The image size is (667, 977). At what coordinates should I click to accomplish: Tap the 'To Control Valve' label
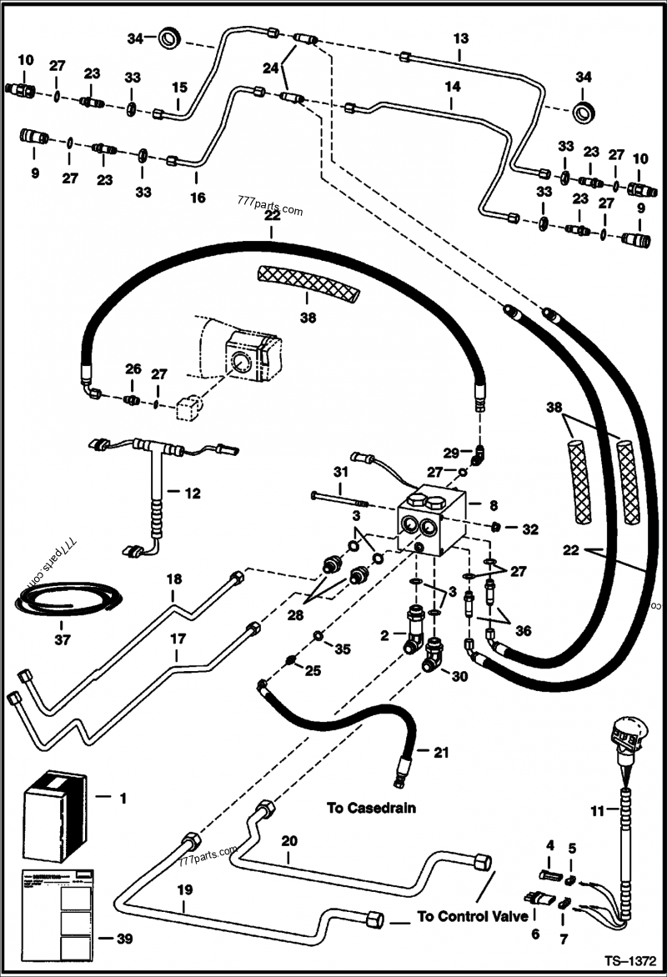pos(473,916)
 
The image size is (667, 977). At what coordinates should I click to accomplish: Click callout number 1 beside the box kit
pos(123,798)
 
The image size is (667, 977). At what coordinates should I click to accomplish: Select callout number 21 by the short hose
pos(441,752)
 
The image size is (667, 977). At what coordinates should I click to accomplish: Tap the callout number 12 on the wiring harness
pos(193,494)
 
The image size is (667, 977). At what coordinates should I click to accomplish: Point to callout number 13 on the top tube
pos(461,38)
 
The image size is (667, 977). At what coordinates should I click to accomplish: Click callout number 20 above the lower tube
pos(288,841)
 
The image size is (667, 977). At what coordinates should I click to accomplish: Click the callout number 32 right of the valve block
pos(530,529)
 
